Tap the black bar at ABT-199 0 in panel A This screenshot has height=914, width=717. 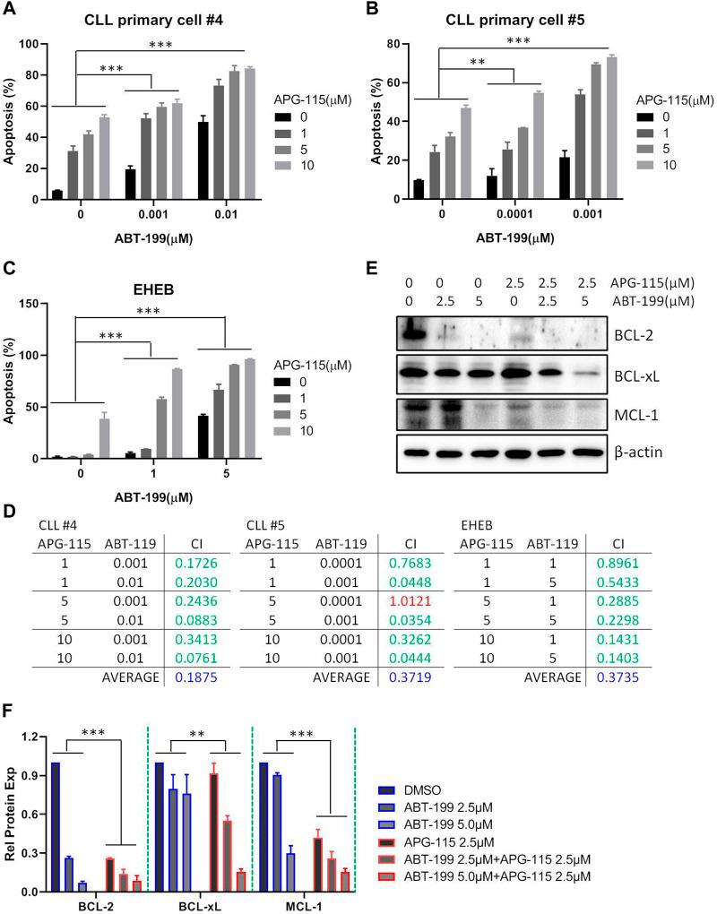[57, 194]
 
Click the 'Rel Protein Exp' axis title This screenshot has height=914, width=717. [11, 800]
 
